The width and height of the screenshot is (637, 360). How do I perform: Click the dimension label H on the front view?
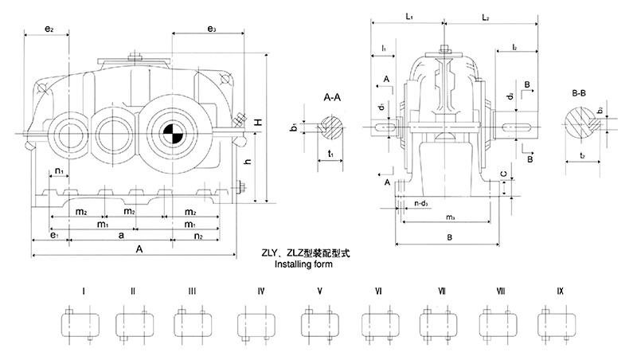pos(258,124)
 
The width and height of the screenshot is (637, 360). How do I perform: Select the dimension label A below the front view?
pos(139,249)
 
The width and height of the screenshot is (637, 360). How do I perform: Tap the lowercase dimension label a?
pos(120,237)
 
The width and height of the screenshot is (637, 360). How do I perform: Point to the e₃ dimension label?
pos(211,29)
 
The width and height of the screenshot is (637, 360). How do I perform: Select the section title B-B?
pos(580,94)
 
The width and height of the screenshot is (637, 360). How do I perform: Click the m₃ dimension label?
pos(450,217)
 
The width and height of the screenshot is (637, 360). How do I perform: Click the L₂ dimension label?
pos(485,17)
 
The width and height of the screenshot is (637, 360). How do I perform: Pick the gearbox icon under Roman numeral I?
pos(81,323)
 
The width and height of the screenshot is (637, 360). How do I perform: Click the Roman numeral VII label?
pos(441,292)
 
